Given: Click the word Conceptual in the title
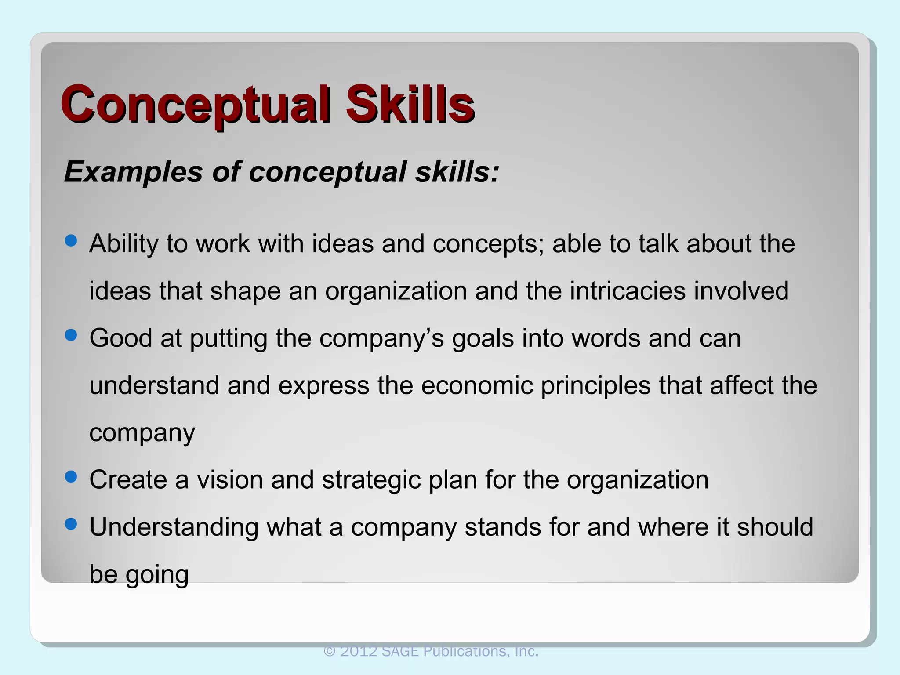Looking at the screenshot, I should [x=195, y=104].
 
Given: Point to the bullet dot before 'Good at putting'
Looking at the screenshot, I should [x=70, y=335].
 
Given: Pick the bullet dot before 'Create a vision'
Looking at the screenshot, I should [x=70, y=477].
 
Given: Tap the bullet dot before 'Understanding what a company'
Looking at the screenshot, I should [x=70, y=524].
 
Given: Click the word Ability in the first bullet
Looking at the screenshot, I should [x=123, y=244].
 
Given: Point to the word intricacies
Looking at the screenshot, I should [x=628, y=291].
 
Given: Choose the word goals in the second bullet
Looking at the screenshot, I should [x=483, y=339].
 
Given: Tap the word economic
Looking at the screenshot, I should [x=476, y=385].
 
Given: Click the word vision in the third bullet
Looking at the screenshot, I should [x=229, y=479].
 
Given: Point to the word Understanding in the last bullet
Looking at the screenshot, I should [x=174, y=527].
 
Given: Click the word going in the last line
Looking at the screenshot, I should [x=157, y=575].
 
